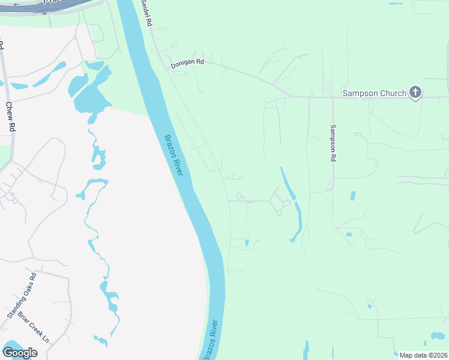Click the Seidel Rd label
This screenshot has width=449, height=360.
146,11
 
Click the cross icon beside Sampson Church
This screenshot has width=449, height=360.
415,92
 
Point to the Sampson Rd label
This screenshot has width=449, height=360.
332,143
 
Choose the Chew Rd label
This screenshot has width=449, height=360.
9,116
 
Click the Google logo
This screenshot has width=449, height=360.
19,353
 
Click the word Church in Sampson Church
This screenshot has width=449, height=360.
392,93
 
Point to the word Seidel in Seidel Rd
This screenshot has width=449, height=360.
144,8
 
